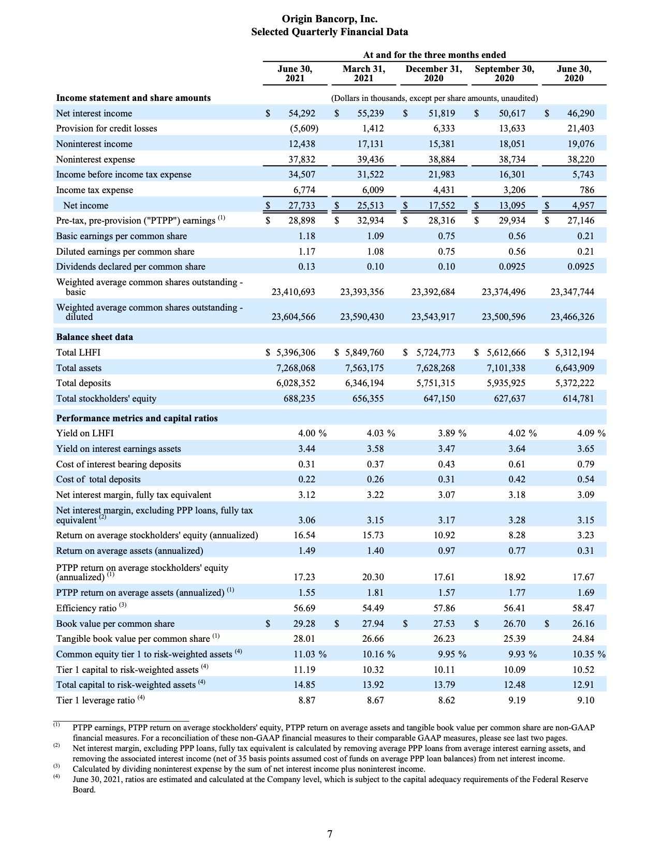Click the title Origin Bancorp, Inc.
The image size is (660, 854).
[329, 19]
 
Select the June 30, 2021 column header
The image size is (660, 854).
[295, 73]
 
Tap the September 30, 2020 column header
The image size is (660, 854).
[504, 73]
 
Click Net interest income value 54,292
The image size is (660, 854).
[301, 113]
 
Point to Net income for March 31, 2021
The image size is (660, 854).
[370, 205]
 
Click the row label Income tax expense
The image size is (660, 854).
[94, 190]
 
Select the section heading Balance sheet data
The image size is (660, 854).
[94, 337]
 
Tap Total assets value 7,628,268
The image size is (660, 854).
[435, 368]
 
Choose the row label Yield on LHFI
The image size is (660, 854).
[85, 433]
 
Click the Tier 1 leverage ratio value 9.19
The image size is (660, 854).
[514, 700]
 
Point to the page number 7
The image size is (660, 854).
[330, 834]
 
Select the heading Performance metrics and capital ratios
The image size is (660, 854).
[137, 418]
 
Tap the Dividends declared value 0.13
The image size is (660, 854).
[306, 267]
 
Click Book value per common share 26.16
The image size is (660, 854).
[583, 624]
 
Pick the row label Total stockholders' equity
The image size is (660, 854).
[106, 399]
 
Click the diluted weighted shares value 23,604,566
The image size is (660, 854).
[293, 317]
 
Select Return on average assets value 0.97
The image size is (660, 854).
[446, 551]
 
